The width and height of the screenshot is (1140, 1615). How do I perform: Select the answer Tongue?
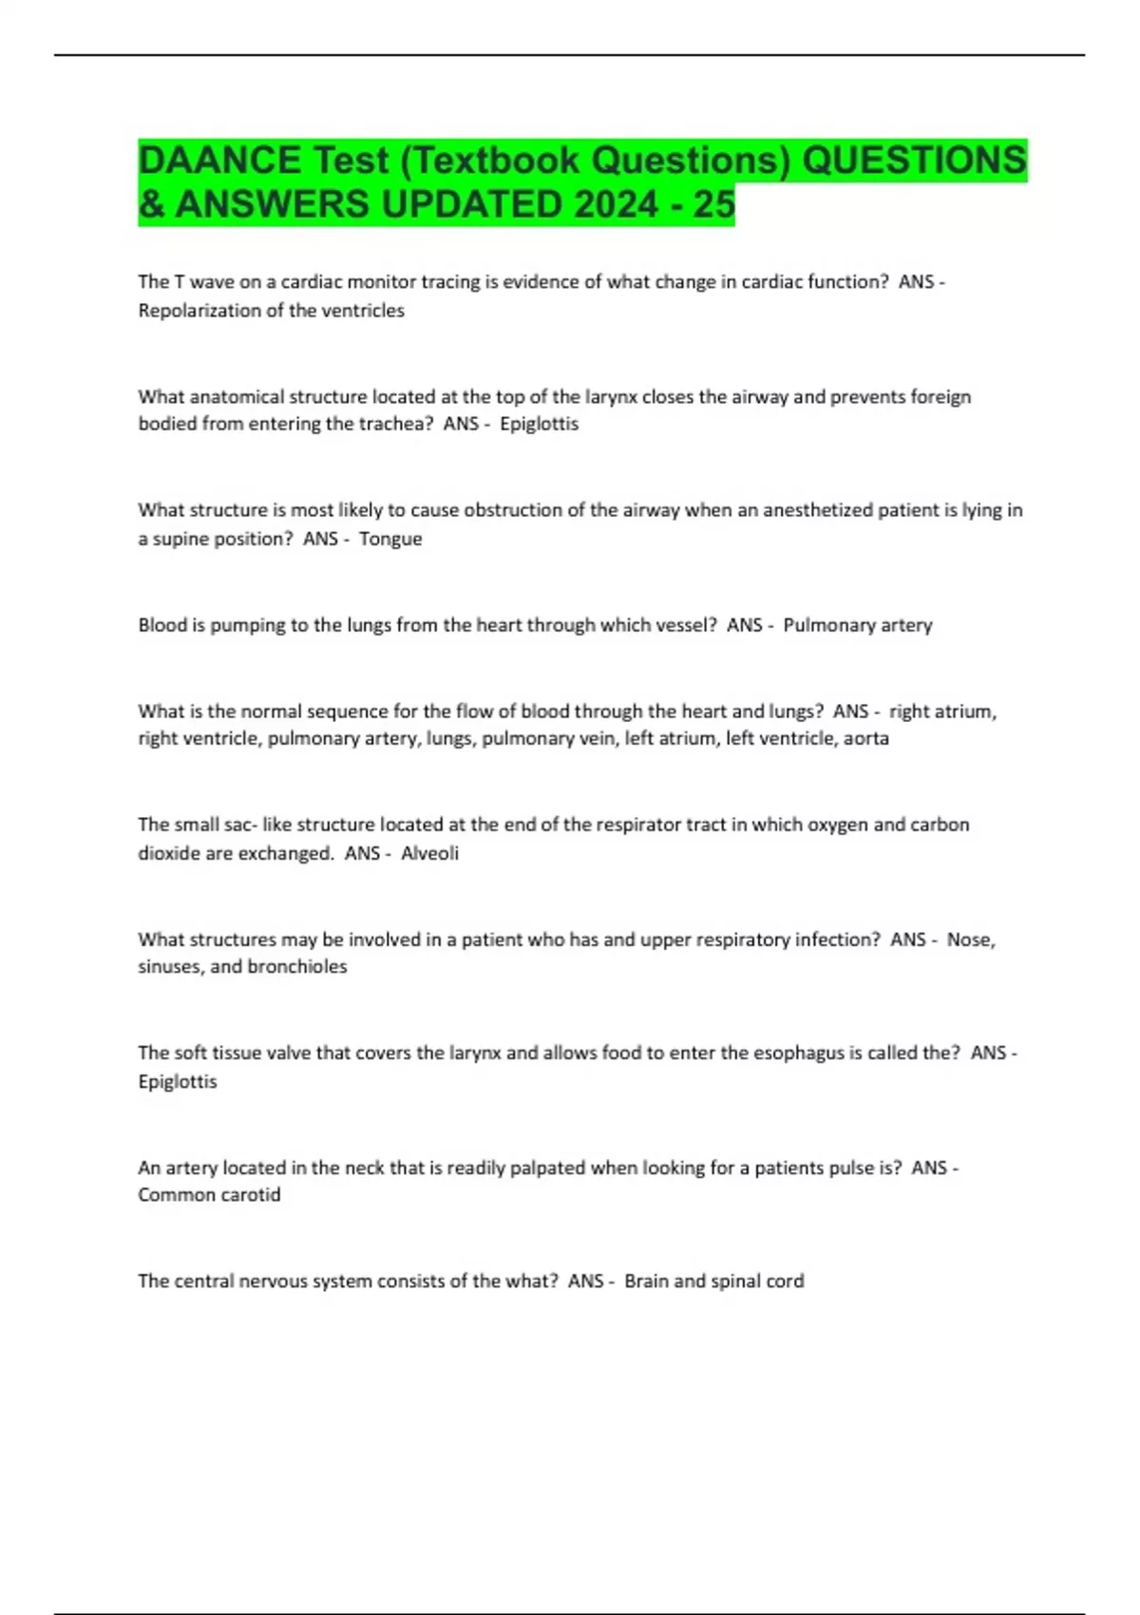(x=390, y=539)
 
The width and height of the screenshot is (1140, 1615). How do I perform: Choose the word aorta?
(x=866, y=738)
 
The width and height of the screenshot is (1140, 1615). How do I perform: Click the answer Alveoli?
(x=429, y=853)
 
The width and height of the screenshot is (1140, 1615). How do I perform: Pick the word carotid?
(x=250, y=1194)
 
